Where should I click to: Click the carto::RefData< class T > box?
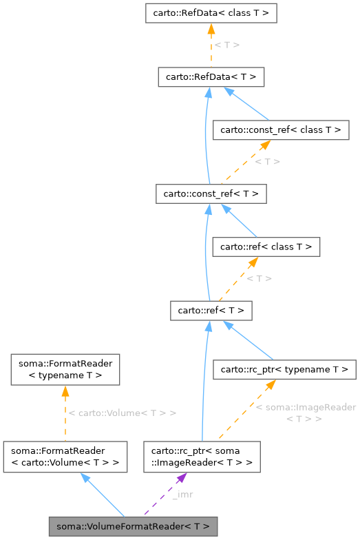211,13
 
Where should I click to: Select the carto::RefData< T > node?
211,76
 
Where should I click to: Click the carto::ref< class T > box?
266,247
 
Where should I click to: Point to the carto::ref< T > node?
211,311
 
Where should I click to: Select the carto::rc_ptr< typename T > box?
284,370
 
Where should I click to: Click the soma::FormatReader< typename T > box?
65,369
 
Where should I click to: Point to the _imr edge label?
182,495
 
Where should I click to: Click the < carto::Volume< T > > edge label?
123,413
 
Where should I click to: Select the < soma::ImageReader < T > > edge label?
306,413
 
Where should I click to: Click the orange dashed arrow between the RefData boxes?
211,45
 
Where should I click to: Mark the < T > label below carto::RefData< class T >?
226,45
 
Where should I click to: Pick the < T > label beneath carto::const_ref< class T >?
267,162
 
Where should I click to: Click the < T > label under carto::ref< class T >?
260,278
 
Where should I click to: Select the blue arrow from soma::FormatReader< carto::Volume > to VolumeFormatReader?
103,495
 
